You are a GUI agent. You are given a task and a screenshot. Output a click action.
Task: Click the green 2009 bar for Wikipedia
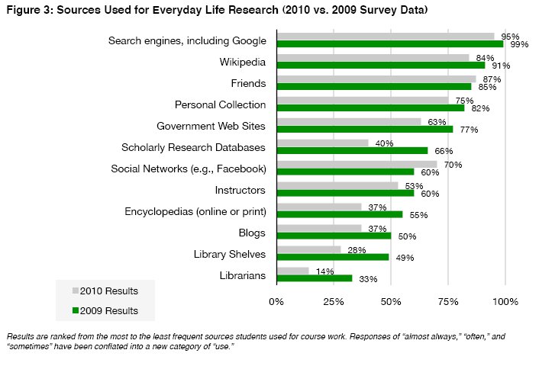[x=380, y=65]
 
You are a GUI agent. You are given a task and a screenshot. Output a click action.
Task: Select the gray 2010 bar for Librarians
[x=292, y=271]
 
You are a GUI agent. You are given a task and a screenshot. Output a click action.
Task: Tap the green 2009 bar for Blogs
[x=334, y=236]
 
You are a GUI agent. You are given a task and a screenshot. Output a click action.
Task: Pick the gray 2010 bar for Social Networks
[x=357, y=164]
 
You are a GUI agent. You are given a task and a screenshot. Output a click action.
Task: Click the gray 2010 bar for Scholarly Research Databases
[x=322, y=143]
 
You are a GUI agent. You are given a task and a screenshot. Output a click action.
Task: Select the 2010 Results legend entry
[x=105, y=291]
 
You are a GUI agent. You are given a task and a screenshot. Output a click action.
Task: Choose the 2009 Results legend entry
[x=105, y=310]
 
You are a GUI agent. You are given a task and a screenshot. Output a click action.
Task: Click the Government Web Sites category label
[x=211, y=126]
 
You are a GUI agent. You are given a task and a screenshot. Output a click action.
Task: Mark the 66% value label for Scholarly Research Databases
[x=438, y=152]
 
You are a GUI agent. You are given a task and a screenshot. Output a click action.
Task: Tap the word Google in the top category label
[x=249, y=40]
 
